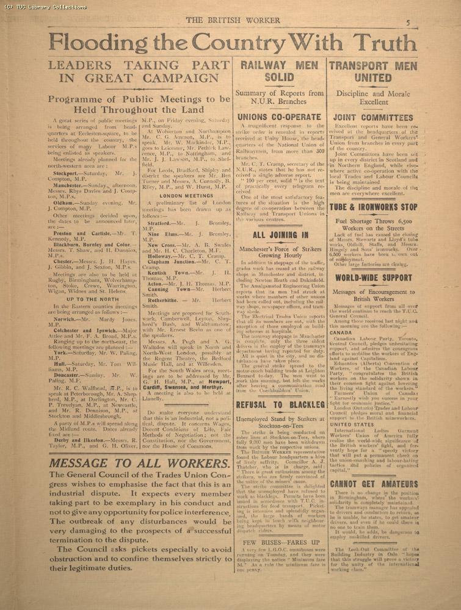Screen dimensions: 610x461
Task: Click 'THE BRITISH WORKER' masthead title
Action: (x=233, y=20)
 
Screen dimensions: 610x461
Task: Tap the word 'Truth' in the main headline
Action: (x=385, y=43)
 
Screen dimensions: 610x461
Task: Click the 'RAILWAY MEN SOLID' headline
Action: (x=279, y=71)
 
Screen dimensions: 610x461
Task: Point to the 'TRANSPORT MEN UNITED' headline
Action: (x=373, y=71)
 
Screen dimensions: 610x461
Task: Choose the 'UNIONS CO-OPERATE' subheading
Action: (x=279, y=117)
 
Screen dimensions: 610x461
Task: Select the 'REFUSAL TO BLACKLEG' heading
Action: (x=280, y=404)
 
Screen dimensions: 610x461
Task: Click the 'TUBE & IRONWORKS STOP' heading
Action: (x=373, y=207)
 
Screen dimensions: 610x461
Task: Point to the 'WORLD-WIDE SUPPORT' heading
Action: (x=373, y=278)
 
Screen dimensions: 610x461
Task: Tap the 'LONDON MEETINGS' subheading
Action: (x=186, y=195)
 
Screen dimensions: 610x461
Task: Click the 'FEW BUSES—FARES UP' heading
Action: (x=280, y=542)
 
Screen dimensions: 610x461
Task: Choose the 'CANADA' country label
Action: (x=341, y=333)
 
